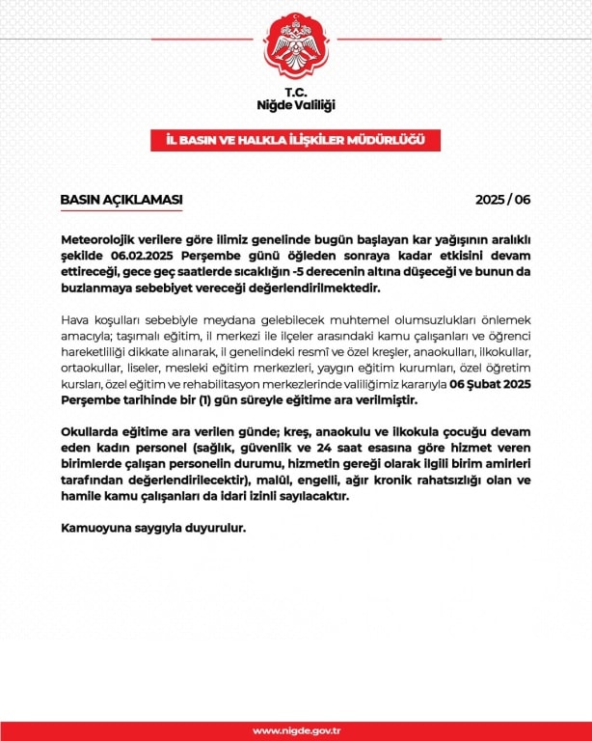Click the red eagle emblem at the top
click(296, 46)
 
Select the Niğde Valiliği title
click(296, 103)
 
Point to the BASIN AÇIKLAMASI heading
click(121, 200)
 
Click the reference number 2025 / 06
click(503, 200)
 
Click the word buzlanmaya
click(94, 289)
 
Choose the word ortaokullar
click(95, 369)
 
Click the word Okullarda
click(93, 430)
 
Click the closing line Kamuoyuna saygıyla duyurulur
click(155, 529)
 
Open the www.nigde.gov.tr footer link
click(296, 730)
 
